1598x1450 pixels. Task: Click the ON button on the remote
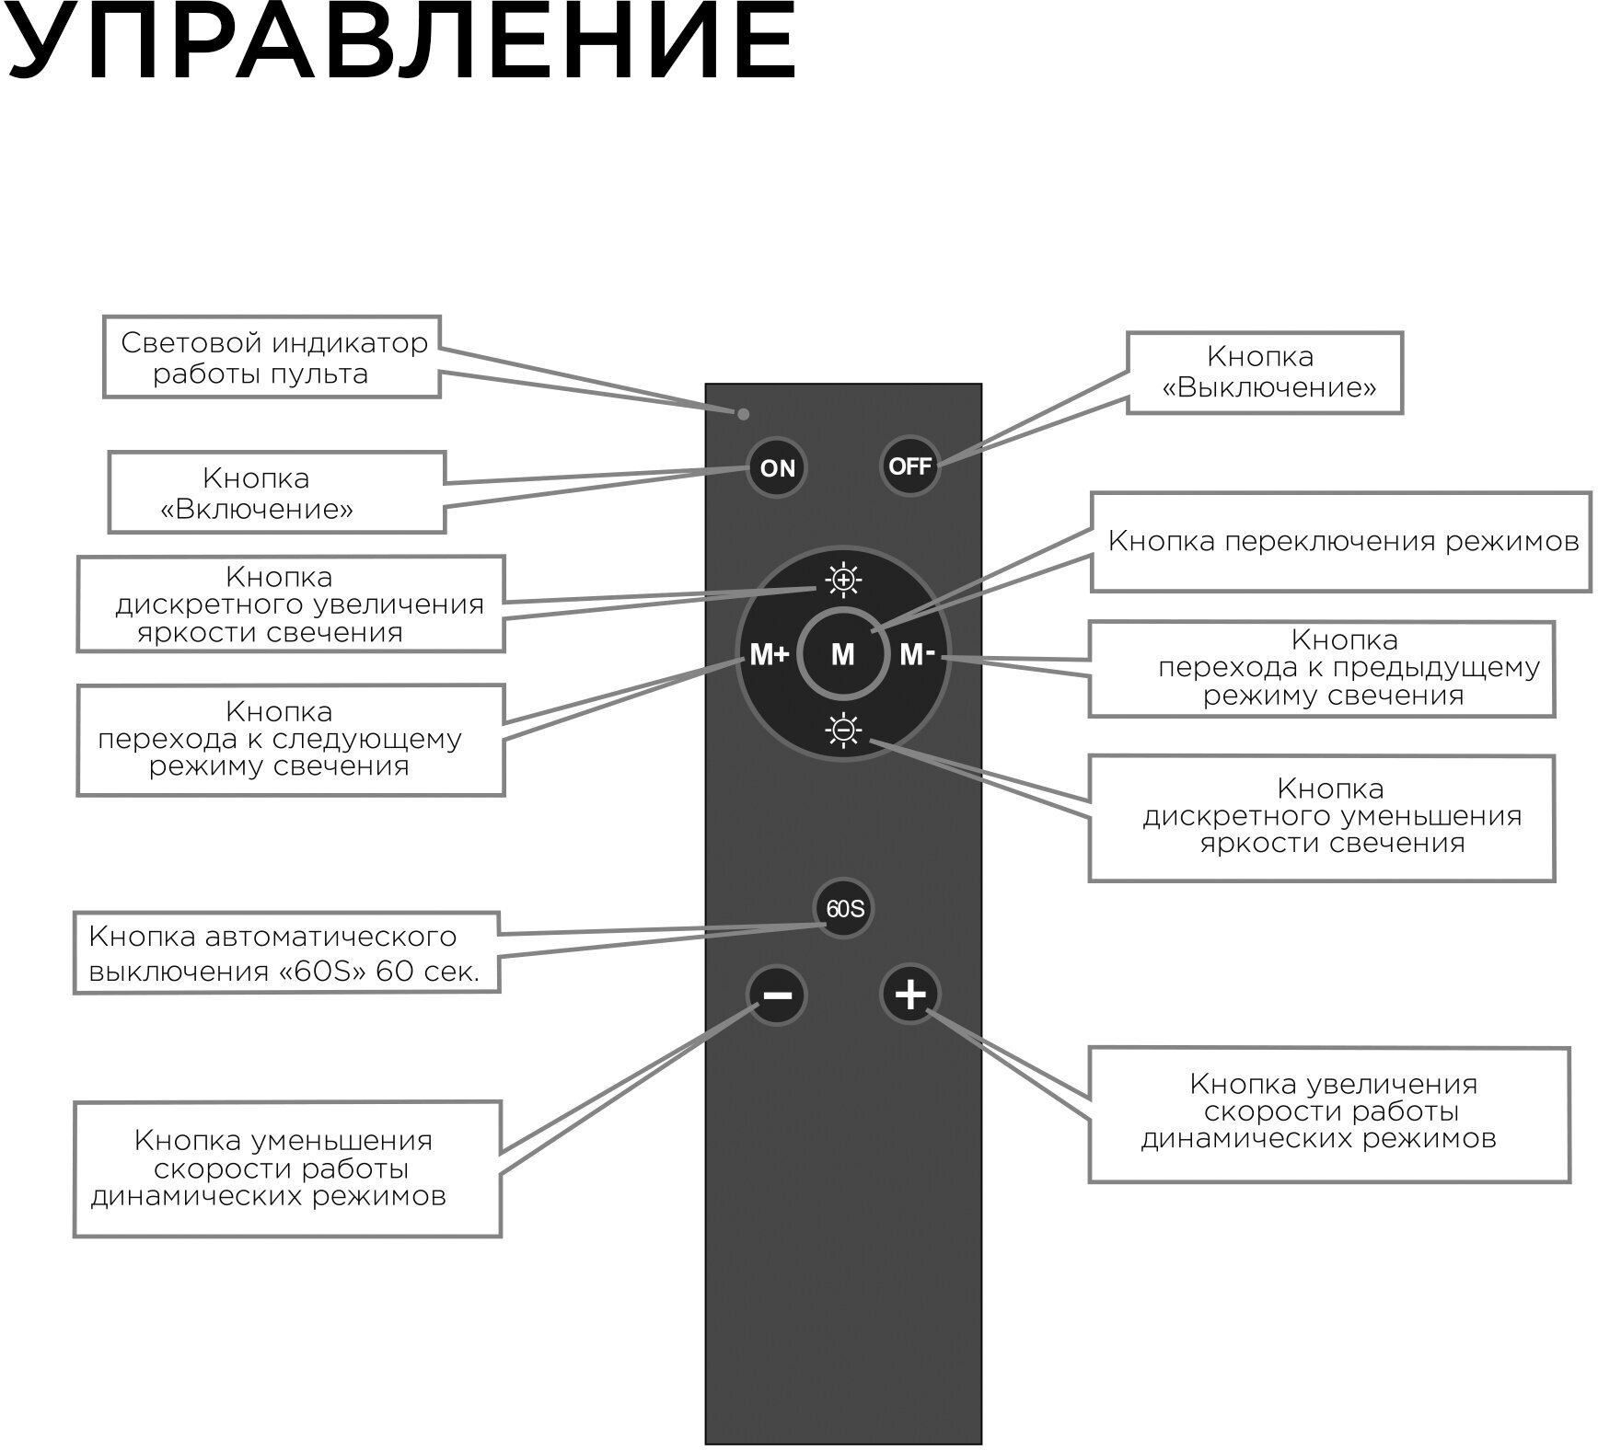777,468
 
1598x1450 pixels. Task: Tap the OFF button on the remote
909,466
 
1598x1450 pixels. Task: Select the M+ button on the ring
769,655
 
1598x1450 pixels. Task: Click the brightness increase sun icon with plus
843,580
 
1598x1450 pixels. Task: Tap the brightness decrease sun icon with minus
843,731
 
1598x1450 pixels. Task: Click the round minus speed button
777,995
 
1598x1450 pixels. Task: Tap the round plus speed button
910,994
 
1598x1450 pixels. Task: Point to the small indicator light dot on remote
744,414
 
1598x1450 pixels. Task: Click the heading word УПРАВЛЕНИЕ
400,41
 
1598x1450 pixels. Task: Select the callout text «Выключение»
1269,387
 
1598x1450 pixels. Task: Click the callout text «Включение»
257,509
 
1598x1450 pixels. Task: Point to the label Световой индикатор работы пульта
273,358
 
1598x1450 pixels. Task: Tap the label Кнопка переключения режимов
1343,541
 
